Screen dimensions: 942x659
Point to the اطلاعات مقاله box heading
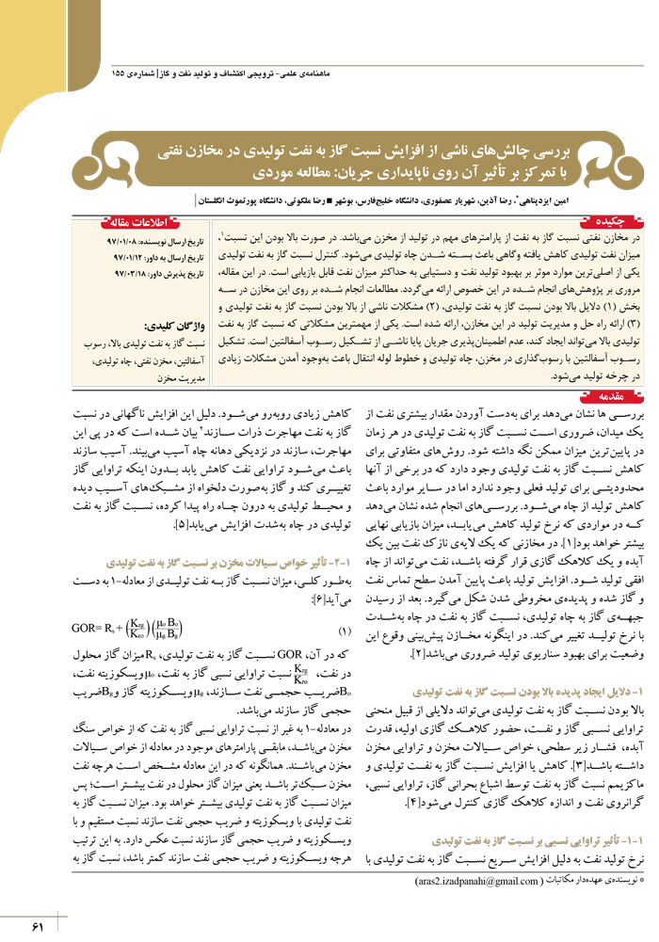coord(137,221)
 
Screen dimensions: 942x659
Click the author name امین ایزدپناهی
coord(601,199)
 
